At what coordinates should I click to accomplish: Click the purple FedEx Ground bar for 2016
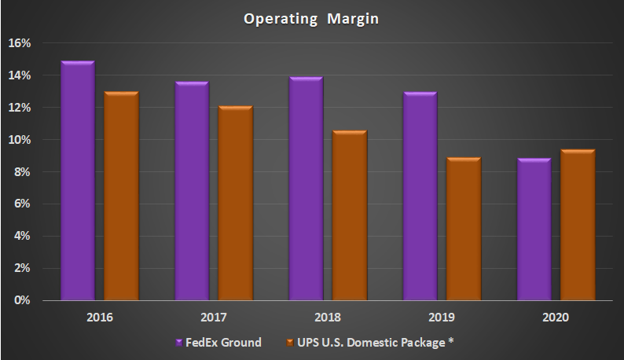click(x=77, y=181)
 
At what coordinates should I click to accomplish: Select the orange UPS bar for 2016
click(x=121, y=196)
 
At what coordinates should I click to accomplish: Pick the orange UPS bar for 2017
click(x=235, y=203)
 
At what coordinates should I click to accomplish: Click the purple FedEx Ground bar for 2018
click(x=306, y=189)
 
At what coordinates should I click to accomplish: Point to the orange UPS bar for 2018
click(x=349, y=215)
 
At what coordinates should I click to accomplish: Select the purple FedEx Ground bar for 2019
click(x=420, y=196)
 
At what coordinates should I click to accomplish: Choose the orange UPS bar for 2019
click(x=463, y=229)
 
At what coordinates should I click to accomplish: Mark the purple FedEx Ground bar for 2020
click(x=534, y=230)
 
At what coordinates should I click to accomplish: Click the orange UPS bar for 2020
click(x=578, y=225)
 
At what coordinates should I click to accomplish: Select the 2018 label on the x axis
click(x=327, y=318)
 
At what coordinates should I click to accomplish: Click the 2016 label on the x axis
click(x=99, y=318)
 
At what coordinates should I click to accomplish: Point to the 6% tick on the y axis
click(x=22, y=204)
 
